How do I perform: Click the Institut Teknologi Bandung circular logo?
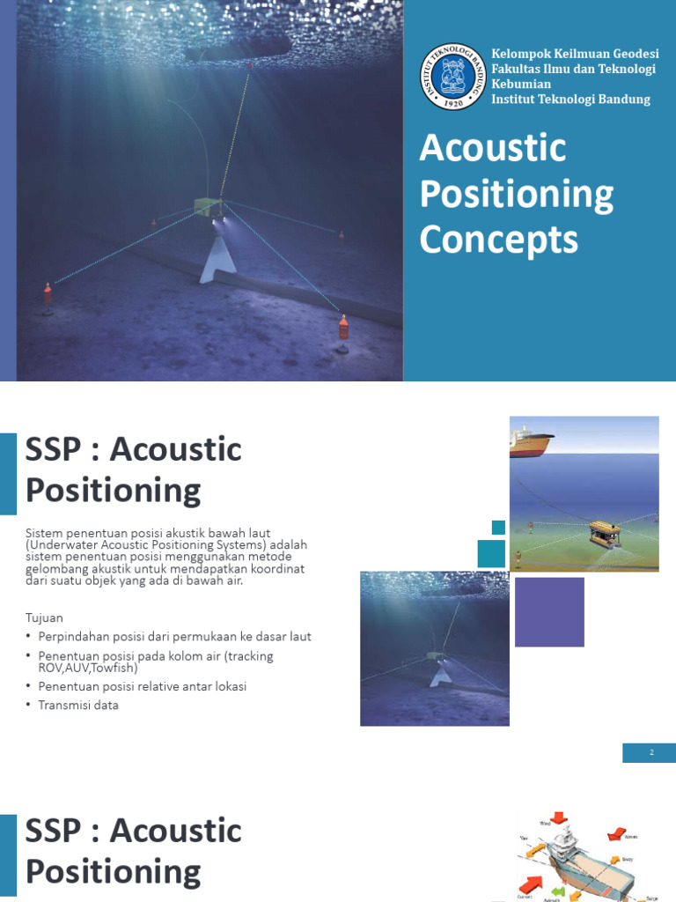[453, 77]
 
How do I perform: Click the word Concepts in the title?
[498, 240]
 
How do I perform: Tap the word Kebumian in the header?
[521, 84]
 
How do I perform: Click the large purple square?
[549, 611]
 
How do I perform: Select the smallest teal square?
[498, 528]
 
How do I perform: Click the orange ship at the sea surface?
[531, 440]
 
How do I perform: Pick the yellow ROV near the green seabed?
[604, 531]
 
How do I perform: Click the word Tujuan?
[44, 617]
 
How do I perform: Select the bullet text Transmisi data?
[78, 705]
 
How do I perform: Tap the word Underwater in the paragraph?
[63, 545]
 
